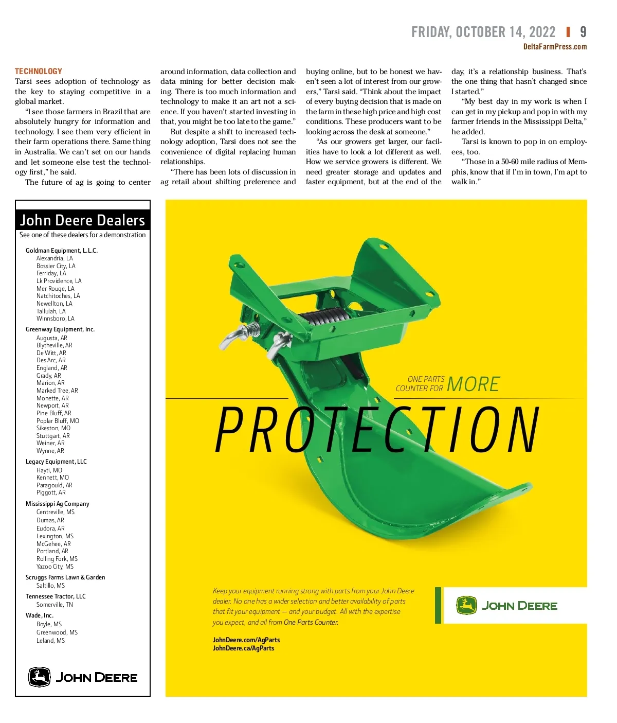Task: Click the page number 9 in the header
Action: [583, 32]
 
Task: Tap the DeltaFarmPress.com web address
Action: [555, 47]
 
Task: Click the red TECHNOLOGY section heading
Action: [39, 72]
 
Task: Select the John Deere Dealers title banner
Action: [82, 220]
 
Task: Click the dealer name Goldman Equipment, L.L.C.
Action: [62, 251]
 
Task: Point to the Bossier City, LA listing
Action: [56, 266]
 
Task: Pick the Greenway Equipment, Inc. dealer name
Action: [60, 329]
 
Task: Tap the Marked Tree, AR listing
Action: [57, 391]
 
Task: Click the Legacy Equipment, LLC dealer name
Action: [56, 462]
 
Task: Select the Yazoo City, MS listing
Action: [55, 567]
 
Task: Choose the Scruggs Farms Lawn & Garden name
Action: [65, 577]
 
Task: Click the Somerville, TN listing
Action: [55, 605]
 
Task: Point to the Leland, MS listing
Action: [50, 641]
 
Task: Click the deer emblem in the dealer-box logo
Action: [39, 677]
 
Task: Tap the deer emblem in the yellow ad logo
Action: [466, 606]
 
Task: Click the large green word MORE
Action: [473, 384]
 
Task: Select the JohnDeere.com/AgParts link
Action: [246, 640]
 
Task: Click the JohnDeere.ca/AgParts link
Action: [243, 648]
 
